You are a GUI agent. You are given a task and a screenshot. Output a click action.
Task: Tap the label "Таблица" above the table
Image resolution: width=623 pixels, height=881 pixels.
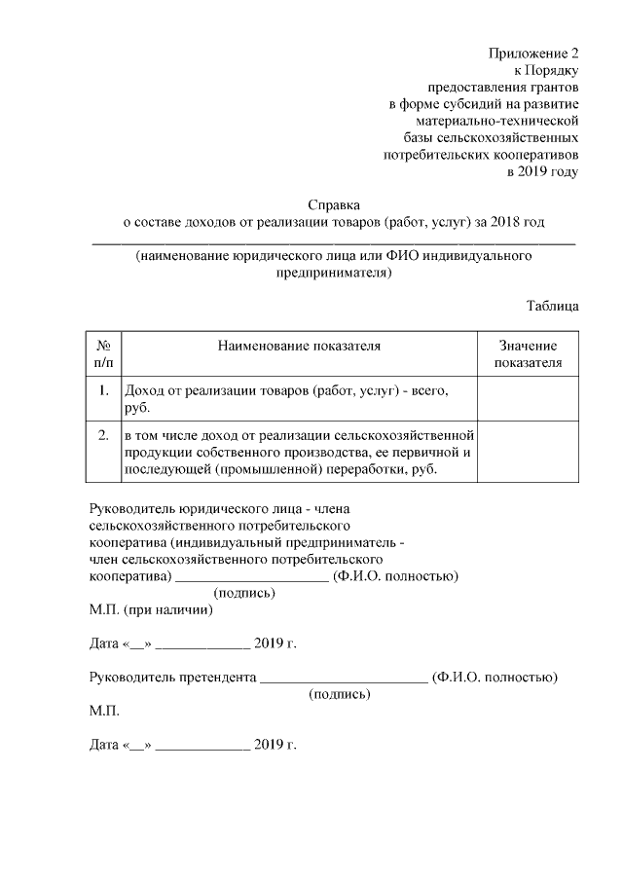pyautogui.click(x=553, y=305)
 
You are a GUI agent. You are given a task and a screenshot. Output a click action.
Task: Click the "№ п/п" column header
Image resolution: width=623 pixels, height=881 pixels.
pyautogui.click(x=103, y=354)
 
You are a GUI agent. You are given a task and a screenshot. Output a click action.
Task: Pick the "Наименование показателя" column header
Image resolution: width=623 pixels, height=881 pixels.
pyautogui.click(x=298, y=346)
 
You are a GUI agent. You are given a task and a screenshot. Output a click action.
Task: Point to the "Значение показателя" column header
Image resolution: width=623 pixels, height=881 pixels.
pyautogui.click(x=528, y=354)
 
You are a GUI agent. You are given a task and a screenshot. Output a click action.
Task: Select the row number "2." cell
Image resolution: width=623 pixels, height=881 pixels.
pyautogui.click(x=103, y=435)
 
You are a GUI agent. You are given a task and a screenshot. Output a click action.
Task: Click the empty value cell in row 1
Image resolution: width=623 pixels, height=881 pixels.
pyautogui.click(x=528, y=399)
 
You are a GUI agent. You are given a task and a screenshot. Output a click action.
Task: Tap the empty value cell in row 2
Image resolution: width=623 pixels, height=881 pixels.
pyautogui.click(x=528, y=452)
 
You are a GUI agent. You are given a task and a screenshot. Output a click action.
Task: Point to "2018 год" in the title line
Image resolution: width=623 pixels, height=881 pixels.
pyautogui.click(x=517, y=223)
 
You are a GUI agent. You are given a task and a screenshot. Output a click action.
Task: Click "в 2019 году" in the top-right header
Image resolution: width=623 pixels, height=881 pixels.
pyautogui.click(x=542, y=171)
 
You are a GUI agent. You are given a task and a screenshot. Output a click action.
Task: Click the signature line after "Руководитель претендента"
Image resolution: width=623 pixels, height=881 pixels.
pyautogui.click(x=344, y=680)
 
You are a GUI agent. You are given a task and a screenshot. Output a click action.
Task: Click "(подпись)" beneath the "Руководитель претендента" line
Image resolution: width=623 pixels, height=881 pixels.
pyautogui.click(x=339, y=694)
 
